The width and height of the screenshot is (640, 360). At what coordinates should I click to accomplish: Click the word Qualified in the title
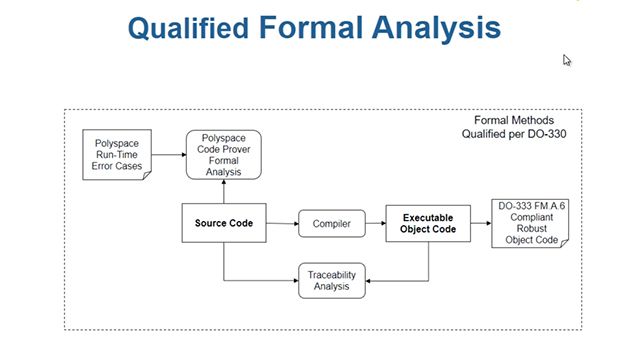(187, 28)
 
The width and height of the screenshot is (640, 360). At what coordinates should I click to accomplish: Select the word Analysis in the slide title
(438, 27)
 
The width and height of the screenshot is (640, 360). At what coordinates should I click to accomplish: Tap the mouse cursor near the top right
(567, 60)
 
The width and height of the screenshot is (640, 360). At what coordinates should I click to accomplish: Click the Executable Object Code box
(428, 223)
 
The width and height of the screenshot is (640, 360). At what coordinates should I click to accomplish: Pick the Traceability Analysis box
(333, 280)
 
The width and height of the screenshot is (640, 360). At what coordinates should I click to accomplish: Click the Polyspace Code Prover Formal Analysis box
(224, 156)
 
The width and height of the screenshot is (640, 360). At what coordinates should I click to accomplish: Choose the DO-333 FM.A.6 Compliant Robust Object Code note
(535, 224)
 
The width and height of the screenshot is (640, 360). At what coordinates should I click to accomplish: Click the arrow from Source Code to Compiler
(281, 224)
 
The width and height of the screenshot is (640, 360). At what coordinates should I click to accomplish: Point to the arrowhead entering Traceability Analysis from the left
(294, 280)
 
